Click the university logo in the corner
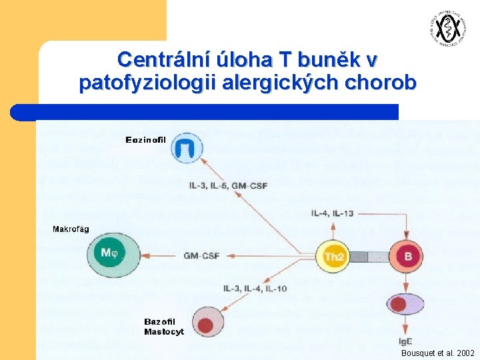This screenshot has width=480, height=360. click(446, 28)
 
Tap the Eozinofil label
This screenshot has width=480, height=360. click(145, 139)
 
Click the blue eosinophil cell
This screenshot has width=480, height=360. click(187, 147)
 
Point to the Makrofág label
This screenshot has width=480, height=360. click(71, 229)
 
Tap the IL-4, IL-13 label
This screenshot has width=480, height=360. click(332, 213)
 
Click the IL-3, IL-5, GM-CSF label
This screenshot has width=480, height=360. click(227, 185)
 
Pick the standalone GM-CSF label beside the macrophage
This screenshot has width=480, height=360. click(201, 256)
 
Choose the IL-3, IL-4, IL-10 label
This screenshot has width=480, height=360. click(255, 288)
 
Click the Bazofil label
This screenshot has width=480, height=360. click(160, 322)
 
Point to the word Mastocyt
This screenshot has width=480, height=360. click(164, 331)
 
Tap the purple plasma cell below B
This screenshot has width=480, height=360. click(405, 305)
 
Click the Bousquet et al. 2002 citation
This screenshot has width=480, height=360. click(437, 353)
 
